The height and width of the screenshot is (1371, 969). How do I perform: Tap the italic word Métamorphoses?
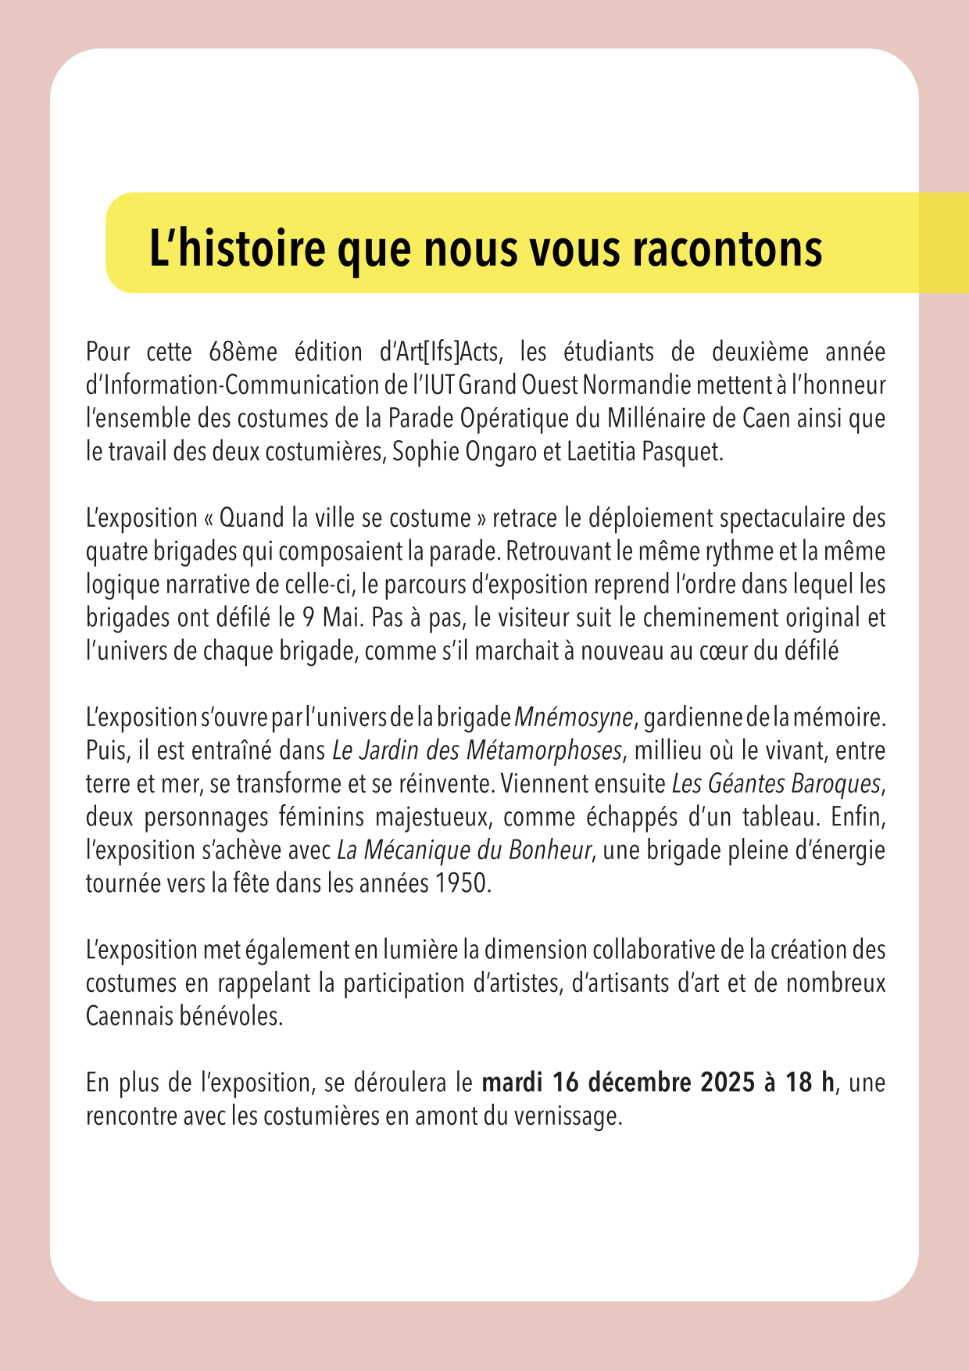tap(545, 750)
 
